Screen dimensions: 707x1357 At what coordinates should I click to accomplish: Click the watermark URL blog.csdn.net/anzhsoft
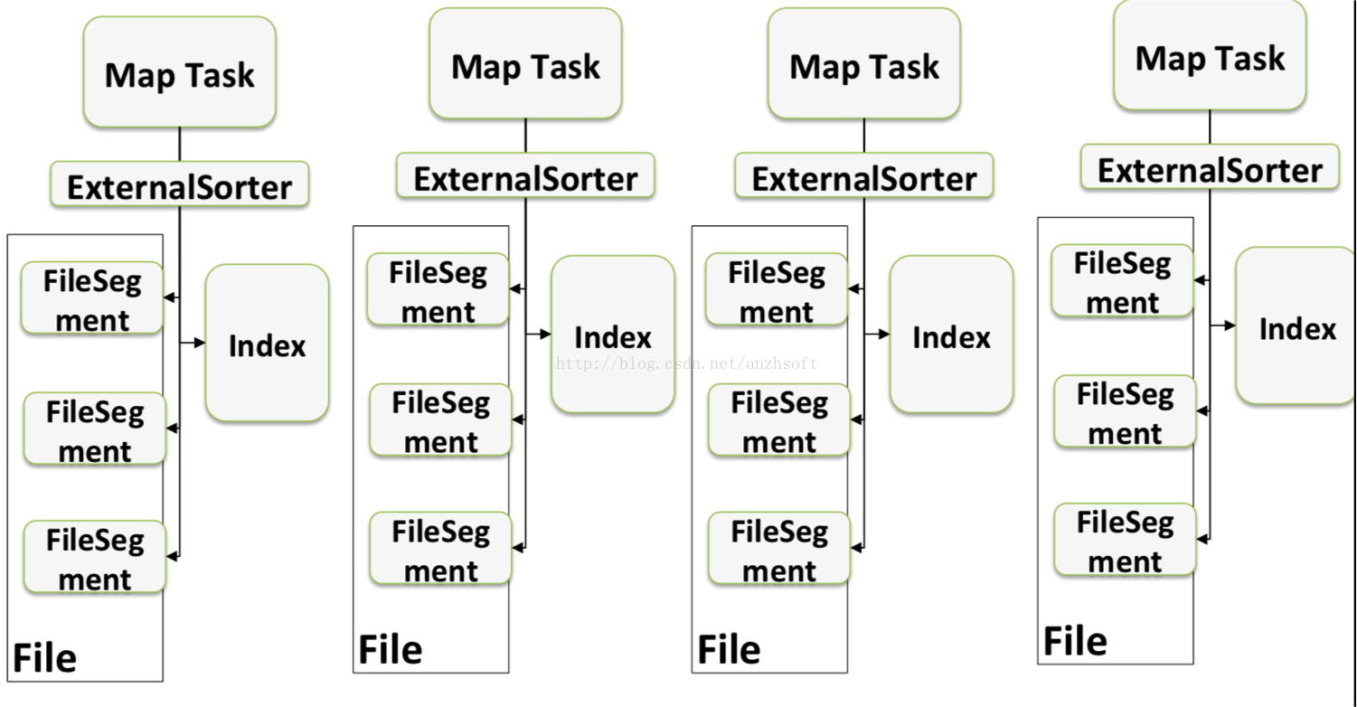[x=686, y=363]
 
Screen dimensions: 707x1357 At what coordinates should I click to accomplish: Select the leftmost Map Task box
[x=179, y=73]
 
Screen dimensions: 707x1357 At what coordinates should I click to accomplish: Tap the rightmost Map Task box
[x=1210, y=57]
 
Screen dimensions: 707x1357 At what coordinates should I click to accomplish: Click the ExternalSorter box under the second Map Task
[x=525, y=178]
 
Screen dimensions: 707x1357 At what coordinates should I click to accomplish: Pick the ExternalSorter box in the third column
[x=863, y=178]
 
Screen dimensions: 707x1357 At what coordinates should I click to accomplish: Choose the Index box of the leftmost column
[x=267, y=344]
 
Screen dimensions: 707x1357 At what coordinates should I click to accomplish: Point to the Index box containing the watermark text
[x=613, y=335]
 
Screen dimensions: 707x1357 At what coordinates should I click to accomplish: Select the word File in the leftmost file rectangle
[x=43, y=657]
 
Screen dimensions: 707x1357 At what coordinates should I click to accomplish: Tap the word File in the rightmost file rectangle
[x=1075, y=640]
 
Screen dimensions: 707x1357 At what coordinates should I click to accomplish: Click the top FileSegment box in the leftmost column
[x=92, y=299]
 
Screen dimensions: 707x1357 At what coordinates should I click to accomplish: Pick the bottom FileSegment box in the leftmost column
[x=94, y=558]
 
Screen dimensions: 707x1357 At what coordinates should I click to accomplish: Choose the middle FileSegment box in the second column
[x=440, y=420]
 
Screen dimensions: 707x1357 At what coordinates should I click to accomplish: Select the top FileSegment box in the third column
[x=776, y=290]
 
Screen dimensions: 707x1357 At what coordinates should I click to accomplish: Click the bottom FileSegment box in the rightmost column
[x=1124, y=541]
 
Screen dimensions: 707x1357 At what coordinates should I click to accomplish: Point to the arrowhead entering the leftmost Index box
[x=201, y=343]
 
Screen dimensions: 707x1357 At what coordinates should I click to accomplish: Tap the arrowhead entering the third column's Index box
[x=885, y=335]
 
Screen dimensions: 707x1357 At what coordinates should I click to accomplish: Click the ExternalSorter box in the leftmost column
[x=179, y=186]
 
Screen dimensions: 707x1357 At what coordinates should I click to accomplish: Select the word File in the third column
[x=729, y=649]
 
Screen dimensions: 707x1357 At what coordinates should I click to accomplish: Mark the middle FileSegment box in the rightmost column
[x=1124, y=412]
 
